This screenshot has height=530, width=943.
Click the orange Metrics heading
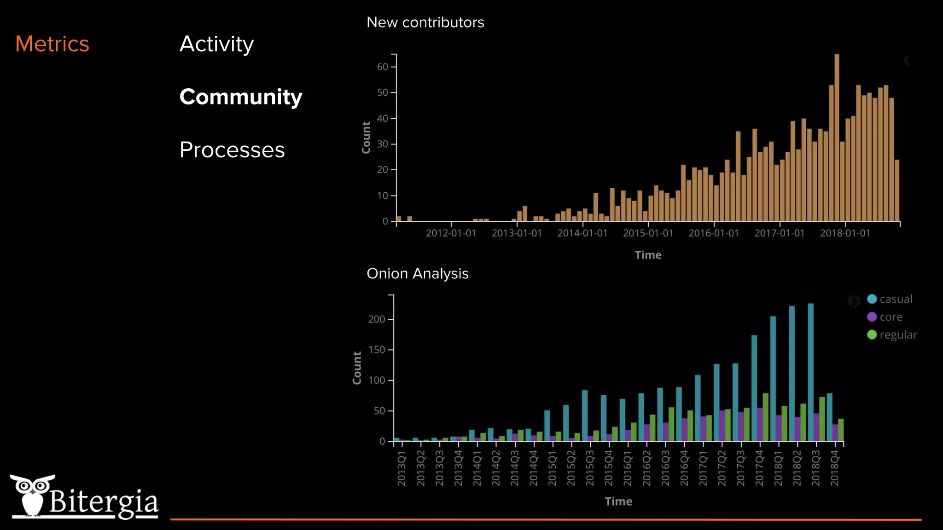click(x=52, y=44)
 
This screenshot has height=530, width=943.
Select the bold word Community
click(x=241, y=97)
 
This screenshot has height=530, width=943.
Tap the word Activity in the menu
click(x=216, y=44)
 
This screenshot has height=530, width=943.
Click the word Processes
click(x=232, y=150)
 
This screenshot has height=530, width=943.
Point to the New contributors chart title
click(x=425, y=22)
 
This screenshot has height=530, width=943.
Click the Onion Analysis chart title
click(x=417, y=273)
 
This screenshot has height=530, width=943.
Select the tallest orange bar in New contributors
click(x=837, y=138)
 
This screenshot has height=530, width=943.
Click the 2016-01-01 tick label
click(x=713, y=233)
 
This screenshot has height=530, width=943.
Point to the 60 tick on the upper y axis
click(x=383, y=67)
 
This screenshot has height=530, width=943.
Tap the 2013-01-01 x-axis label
click(x=517, y=233)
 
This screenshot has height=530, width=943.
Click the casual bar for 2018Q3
click(x=810, y=373)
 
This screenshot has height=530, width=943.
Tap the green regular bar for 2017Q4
click(x=765, y=417)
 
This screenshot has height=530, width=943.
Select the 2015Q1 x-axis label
click(x=552, y=468)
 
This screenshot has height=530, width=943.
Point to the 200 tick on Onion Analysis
click(x=377, y=319)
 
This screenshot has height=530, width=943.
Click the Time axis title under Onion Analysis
click(x=618, y=501)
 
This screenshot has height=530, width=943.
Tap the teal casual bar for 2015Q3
click(x=585, y=416)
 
